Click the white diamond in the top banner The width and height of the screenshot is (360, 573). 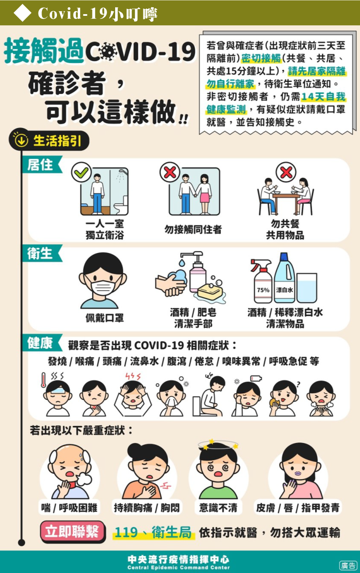[23, 13]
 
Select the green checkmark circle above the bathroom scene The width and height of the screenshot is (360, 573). [81, 172]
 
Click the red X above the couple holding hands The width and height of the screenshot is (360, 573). [170, 172]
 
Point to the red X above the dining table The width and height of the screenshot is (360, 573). [286, 172]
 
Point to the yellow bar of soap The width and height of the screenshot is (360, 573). [210, 291]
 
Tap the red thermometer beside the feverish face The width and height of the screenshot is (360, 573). [44, 380]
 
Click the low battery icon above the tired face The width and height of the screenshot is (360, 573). [256, 378]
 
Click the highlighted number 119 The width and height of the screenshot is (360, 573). [126, 533]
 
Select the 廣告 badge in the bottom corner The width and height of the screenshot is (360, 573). [348, 565]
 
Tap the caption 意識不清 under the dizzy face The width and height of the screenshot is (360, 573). [218, 508]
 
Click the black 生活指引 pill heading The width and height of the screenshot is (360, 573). [49, 140]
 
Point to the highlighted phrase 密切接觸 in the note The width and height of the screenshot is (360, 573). [261, 59]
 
